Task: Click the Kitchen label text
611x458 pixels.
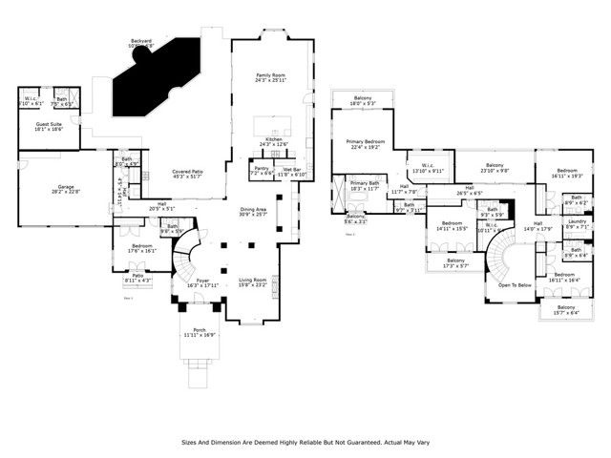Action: [274, 139]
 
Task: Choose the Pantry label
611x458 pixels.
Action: [261, 168]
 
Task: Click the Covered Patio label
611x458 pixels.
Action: [187, 172]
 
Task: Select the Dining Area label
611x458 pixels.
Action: [253, 209]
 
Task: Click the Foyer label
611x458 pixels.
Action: [203, 281]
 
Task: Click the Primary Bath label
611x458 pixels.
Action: [365, 182]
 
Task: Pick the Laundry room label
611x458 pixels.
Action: [577, 221]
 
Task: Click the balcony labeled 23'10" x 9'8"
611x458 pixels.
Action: [495, 171]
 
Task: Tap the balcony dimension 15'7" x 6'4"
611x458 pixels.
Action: [566, 313]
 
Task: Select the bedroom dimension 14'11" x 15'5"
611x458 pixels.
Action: [452, 229]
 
